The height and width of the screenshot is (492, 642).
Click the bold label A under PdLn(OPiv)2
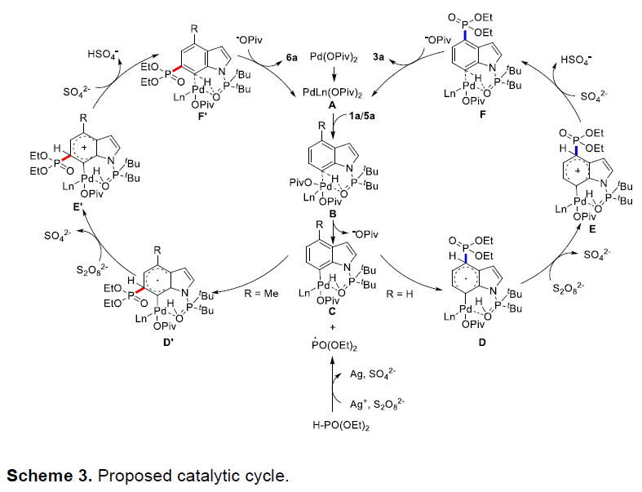(332, 106)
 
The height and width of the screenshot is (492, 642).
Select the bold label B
(333, 214)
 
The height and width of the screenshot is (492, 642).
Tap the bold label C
(332, 312)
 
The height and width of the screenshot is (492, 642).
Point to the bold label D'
(169, 342)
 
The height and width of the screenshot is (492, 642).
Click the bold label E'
(78, 207)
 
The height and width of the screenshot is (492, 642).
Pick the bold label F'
(203, 116)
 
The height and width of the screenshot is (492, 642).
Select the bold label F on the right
(483, 114)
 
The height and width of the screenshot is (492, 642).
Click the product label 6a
(291, 57)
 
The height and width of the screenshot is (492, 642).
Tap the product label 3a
(379, 57)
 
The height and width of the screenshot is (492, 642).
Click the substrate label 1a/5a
(362, 116)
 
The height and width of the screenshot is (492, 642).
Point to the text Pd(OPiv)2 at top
(334, 57)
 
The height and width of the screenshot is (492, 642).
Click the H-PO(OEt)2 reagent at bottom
(341, 426)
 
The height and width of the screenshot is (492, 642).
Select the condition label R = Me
(261, 294)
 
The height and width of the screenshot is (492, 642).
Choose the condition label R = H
(399, 294)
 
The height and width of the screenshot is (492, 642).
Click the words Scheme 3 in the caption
(49, 476)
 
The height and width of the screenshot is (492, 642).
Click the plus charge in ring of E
(578, 170)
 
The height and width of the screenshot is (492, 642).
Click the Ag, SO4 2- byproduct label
(373, 374)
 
